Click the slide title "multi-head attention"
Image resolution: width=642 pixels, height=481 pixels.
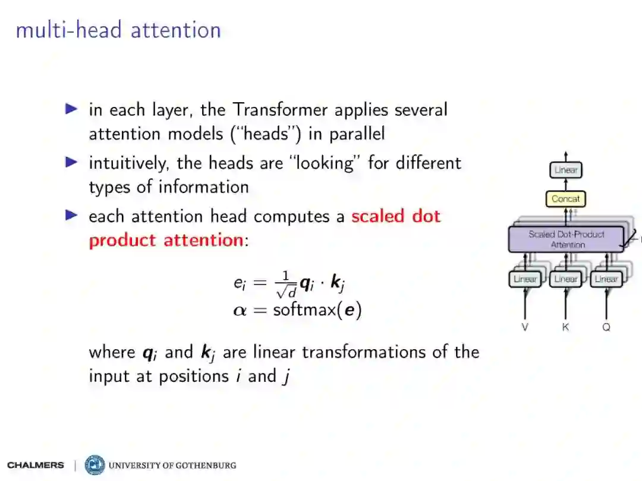118,30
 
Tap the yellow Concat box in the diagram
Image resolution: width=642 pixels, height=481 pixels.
565,199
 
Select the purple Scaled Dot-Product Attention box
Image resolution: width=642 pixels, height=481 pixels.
566,239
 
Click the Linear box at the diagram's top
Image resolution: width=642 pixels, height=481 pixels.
565,170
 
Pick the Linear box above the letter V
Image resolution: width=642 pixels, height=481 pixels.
525,279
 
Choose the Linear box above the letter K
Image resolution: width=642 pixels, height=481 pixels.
565,279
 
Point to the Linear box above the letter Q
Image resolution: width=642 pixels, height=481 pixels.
606,279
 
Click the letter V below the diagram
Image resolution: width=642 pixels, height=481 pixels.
525,327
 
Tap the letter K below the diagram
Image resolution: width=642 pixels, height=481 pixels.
565,327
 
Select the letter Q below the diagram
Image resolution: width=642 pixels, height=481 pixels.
606,327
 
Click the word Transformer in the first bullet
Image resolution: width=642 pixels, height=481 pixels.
279,110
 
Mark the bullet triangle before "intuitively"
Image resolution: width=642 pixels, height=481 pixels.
71,162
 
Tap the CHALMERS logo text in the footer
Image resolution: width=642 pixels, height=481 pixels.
36,465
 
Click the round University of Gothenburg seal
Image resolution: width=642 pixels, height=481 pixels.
95,465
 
